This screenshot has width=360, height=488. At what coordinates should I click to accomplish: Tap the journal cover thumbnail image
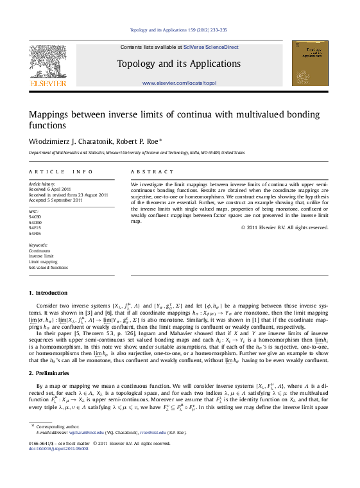(309, 63)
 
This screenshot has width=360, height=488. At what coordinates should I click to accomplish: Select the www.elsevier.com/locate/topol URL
(179, 83)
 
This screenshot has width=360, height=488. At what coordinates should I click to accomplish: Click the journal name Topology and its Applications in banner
(179, 64)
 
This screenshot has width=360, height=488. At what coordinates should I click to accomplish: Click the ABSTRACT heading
(152, 172)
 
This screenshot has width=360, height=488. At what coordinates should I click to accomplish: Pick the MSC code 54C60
(35, 216)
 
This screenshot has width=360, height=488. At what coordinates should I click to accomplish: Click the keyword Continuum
(40, 251)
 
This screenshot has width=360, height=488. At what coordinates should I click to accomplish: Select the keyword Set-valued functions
(48, 268)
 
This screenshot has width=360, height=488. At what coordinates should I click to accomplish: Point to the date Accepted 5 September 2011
(56, 200)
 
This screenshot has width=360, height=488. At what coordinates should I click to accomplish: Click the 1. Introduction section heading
(48, 293)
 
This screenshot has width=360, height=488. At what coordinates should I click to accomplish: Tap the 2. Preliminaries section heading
(49, 373)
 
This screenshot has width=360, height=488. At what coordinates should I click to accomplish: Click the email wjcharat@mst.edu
(82, 432)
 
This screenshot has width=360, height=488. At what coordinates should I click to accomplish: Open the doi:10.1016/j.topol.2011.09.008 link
(59, 448)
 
